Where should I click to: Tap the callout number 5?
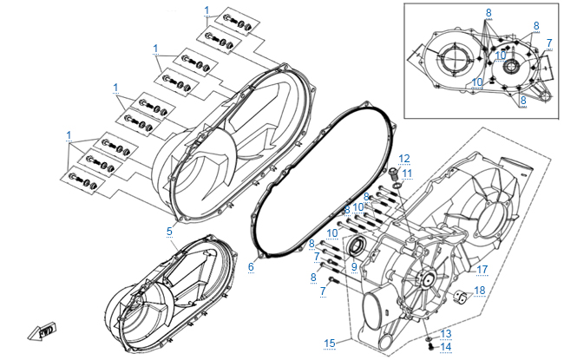(170, 232)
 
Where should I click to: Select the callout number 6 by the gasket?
(251, 266)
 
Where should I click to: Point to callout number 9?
(354, 266)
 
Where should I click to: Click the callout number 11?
(408, 173)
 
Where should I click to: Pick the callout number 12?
(404, 158)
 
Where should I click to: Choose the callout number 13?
(446, 333)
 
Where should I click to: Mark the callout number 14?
(446, 346)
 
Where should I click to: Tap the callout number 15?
(330, 344)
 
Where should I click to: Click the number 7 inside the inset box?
(548, 43)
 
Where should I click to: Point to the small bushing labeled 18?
(462, 300)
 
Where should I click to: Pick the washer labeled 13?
(430, 336)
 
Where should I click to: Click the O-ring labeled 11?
(397, 185)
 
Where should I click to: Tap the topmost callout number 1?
(207, 10)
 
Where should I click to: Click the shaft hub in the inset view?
(508, 66)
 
